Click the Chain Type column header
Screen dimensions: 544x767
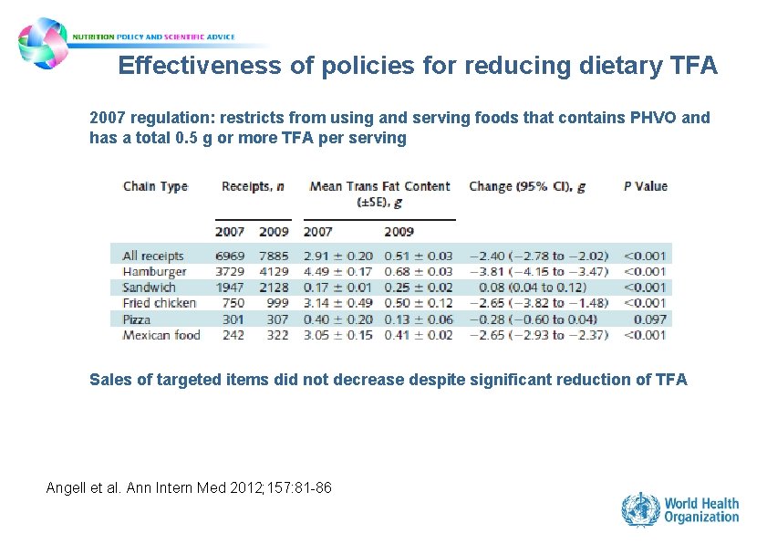pyautogui.click(x=155, y=187)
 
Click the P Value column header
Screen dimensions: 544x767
pyautogui.click(x=645, y=186)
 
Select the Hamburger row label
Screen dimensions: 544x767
pyautogui.click(x=154, y=271)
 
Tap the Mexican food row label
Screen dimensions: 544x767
pyautogui.click(x=161, y=335)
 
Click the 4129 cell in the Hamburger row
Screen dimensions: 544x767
pyautogui.click(x=273, y=271)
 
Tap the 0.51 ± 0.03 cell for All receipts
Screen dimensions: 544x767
pyautogui.click(x=418, y=256)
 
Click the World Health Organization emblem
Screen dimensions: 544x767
pyautogui.click(x=640, y=509)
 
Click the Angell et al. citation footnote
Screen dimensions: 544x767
pyautogui.click(x=189, y=488)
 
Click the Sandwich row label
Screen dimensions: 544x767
pyautogui.click(x=150, y=288)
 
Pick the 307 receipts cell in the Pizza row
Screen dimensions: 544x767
pyautogui.click(x=275, y=319)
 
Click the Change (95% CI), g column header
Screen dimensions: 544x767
pyautogui.click(x=527, y=186)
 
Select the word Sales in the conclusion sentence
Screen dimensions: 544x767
pyautogui.click(x=110, y=380)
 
